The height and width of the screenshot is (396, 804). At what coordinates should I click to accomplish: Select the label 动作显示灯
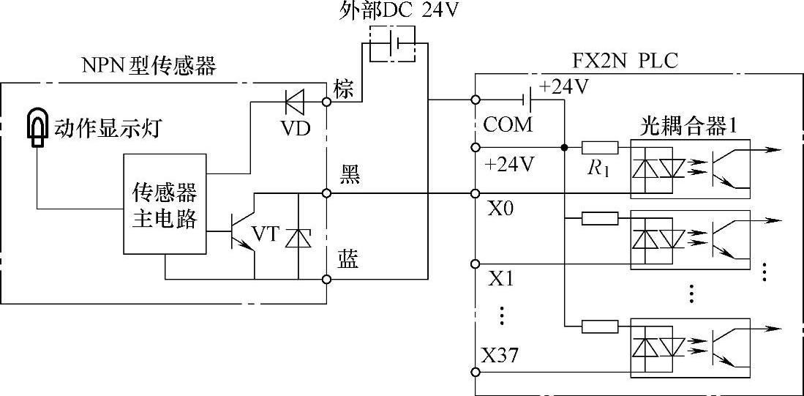point(107,129)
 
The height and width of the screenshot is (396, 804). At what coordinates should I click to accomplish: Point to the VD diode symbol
point(296,101)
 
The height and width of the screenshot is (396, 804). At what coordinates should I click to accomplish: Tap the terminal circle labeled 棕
point(328,100)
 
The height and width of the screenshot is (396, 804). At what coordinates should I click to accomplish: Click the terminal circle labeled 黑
point(328,194)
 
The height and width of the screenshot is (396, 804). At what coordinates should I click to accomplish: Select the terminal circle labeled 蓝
point(328,278)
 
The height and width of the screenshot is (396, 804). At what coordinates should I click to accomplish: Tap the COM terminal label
point(508,125)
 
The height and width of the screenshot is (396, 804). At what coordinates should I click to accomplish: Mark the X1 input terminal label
point(500,281)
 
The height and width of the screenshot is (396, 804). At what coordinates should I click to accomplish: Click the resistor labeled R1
point(600,148)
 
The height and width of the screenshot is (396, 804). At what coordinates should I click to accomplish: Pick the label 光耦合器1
point(684,124)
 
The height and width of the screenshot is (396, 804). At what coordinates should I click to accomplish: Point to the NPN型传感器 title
point(150,67)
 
